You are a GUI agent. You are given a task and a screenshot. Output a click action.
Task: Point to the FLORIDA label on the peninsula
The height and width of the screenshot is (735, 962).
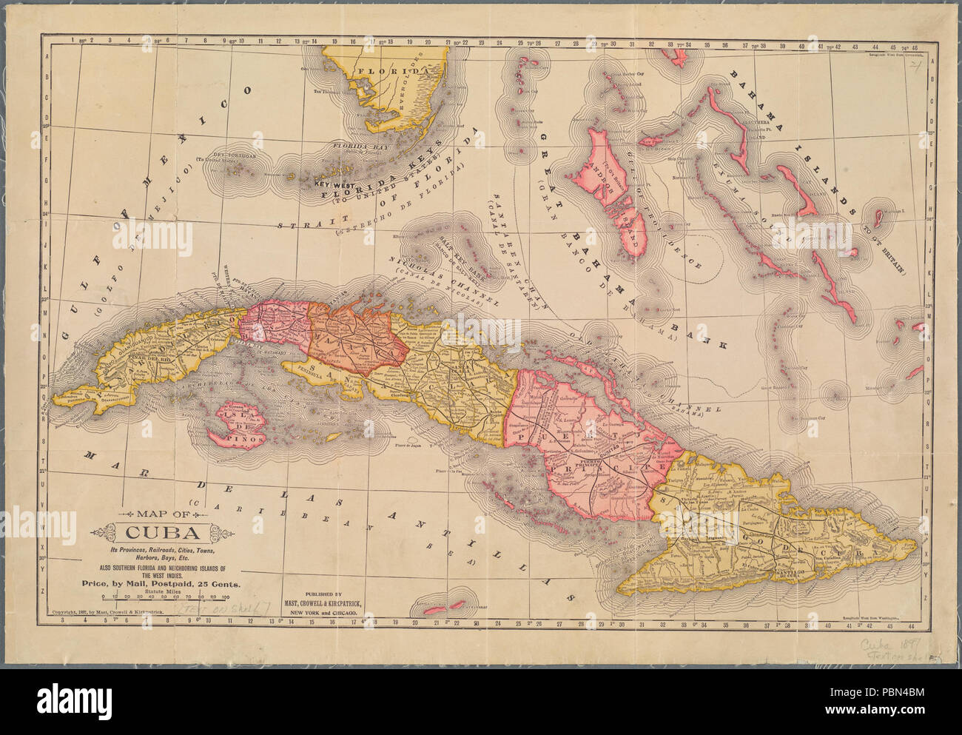tap(387, 72)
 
